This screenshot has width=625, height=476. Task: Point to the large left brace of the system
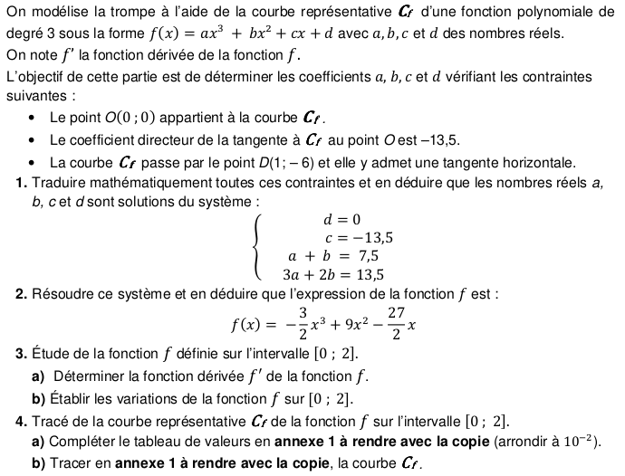[261, 246]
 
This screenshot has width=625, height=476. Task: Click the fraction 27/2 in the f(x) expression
[395, 324]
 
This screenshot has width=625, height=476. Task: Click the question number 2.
[20, 294]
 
